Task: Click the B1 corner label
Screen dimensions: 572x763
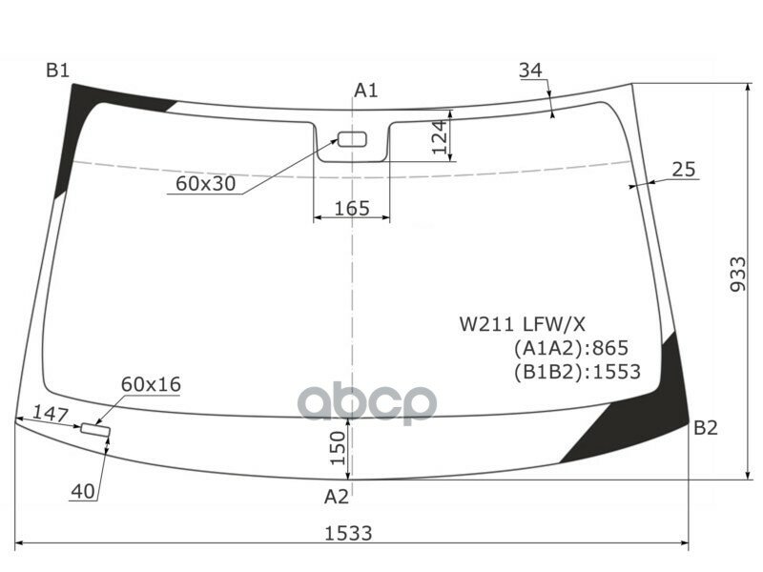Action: tap(58, 70)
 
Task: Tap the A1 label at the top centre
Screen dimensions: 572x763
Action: tap(366, 91)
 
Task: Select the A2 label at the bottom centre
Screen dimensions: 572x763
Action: tap(337, 496)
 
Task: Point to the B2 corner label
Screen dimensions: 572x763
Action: tap(706, 428)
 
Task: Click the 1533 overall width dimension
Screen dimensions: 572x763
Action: tap(346, 533)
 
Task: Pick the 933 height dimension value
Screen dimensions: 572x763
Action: tap(736, 276)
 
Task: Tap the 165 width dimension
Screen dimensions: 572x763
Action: tap(352, 208)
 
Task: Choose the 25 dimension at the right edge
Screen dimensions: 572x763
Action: tap(684, 170)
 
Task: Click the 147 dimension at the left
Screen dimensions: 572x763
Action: tap(50, 415)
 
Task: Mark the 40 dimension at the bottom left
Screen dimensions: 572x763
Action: tap(83, 492)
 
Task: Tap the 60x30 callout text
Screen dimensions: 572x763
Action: tap(205, 183)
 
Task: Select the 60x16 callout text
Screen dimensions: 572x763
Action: tap(151, 384)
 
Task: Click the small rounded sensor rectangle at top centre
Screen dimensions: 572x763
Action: tap(353, 140)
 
